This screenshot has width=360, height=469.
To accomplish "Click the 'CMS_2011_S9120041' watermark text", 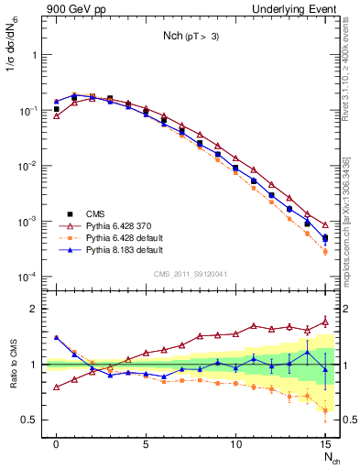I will [191, 275].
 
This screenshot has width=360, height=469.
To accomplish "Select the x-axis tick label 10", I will [235, 444].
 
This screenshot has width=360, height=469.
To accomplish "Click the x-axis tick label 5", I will [146, 444].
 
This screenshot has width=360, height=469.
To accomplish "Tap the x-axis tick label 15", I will [325, 444].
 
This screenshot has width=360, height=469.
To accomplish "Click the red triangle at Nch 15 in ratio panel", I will [326, 322].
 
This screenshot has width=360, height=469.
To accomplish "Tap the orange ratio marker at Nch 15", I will [326, 409].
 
